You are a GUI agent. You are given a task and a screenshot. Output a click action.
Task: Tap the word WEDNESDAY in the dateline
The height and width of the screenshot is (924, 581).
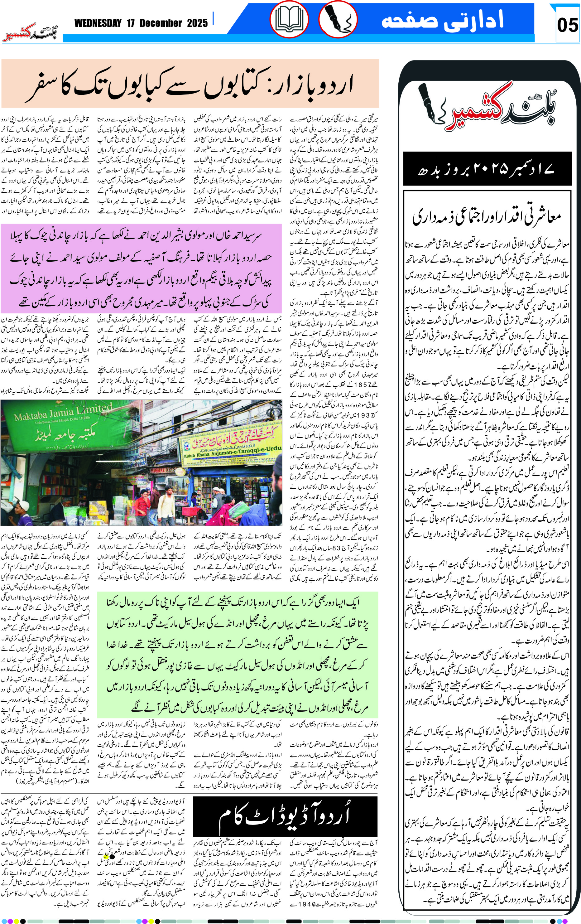point(98,23)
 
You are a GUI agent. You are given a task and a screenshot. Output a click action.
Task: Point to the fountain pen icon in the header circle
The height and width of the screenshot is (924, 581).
point(338,19)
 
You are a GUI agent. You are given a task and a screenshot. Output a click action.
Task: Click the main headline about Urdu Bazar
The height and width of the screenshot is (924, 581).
point(190,85)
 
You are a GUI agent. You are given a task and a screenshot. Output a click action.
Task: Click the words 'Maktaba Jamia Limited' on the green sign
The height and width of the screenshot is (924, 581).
point(63,412)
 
